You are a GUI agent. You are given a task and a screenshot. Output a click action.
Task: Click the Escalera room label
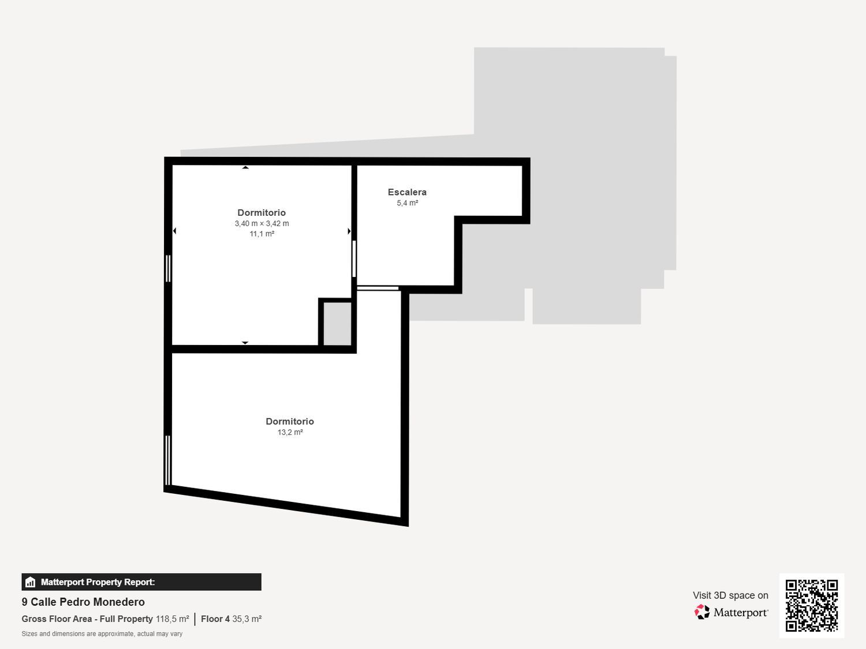407,192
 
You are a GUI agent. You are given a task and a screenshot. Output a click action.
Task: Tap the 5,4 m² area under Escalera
407,203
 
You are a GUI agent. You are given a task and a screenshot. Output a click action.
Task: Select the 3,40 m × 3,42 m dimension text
262,224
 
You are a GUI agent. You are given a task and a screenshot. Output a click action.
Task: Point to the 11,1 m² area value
262,234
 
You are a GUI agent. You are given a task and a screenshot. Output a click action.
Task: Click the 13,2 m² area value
290,433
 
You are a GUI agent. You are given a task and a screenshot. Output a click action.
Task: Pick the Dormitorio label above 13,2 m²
290,422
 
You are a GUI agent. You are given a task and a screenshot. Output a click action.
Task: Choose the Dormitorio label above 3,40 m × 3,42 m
262,213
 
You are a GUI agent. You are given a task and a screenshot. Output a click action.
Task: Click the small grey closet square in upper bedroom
337,323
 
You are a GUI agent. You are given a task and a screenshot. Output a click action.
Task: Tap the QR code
811,605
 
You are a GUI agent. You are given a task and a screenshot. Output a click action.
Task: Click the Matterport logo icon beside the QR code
702,612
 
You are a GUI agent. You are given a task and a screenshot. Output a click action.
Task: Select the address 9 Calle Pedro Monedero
83,602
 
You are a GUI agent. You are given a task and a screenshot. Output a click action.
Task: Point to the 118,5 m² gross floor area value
172,619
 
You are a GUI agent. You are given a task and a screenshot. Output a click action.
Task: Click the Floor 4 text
215,619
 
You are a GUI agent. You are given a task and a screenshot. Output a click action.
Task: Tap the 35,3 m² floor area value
247,619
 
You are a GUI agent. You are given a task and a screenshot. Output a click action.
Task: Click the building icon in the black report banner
31,582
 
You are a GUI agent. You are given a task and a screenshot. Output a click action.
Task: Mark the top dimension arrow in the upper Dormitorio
245,168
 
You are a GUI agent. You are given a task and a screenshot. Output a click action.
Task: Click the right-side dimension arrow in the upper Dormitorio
349,231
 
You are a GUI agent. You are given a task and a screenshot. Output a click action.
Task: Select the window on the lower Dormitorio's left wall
168,460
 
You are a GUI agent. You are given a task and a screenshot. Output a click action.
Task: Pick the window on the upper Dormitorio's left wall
168,268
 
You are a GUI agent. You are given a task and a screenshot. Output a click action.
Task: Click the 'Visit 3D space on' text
730,595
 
